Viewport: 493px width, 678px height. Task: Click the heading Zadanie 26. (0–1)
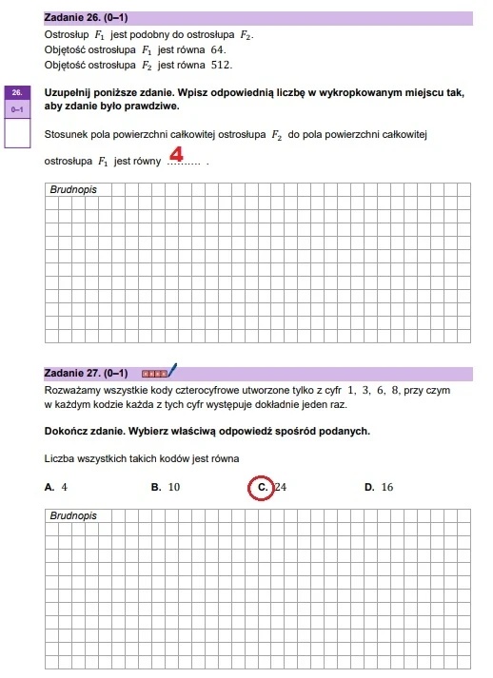tap(87, 18)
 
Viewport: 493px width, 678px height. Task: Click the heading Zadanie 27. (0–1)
tap(87, 373)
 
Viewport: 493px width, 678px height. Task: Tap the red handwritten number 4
tap(176, 154)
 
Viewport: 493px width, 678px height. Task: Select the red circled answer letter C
tap(261, 487)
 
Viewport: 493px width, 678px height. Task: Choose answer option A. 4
tap(56, 487)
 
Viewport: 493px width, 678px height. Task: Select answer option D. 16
tap(379, 487)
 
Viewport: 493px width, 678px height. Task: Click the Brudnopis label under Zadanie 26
tap(73, 189)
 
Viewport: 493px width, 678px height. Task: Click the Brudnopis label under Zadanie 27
tap(73, 515)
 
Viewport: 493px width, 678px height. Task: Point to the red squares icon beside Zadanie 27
tap(153, 373)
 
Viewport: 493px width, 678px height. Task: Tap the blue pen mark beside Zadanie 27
tap(173, 370)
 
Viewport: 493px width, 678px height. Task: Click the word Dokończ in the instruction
tap(68, 432)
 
